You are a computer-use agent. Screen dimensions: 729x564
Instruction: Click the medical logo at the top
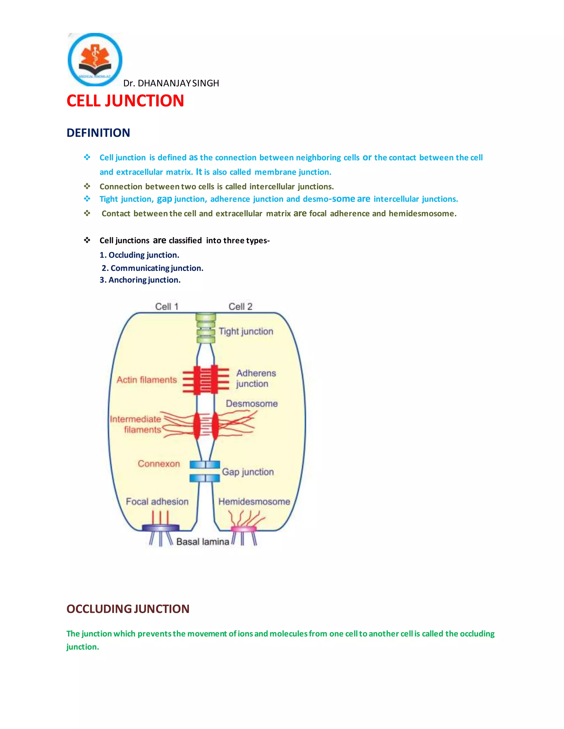coord(95,59)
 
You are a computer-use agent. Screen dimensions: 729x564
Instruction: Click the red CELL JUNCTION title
coord(125,101)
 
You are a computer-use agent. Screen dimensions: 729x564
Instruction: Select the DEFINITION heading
coord(98,133)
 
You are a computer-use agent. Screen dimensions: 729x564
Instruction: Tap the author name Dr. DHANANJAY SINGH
coord(171,83)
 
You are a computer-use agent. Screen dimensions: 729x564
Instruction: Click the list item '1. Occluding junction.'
coord(139,255)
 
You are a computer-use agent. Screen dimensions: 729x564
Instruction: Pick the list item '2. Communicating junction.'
coord(152,268)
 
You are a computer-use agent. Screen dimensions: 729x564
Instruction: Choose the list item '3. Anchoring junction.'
coord(140,280)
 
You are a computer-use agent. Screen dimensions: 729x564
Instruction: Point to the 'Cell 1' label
coord(167,306)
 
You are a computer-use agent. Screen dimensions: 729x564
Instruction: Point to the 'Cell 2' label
coord(240,306)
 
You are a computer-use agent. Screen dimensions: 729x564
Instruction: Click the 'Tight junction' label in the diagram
coord(246,331)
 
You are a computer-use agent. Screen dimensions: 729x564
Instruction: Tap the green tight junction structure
coord(205,328)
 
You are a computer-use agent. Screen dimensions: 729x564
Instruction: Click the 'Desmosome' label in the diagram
coord(252,404)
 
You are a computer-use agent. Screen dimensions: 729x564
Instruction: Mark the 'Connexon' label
coord(159,464)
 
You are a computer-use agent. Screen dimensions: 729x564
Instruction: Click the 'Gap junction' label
coord(248,472)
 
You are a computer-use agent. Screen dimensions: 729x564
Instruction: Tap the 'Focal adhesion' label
coord(157,502)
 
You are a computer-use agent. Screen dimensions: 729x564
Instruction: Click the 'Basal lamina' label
coord(202,541)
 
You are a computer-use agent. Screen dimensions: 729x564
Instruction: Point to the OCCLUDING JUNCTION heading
coord(128,609)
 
